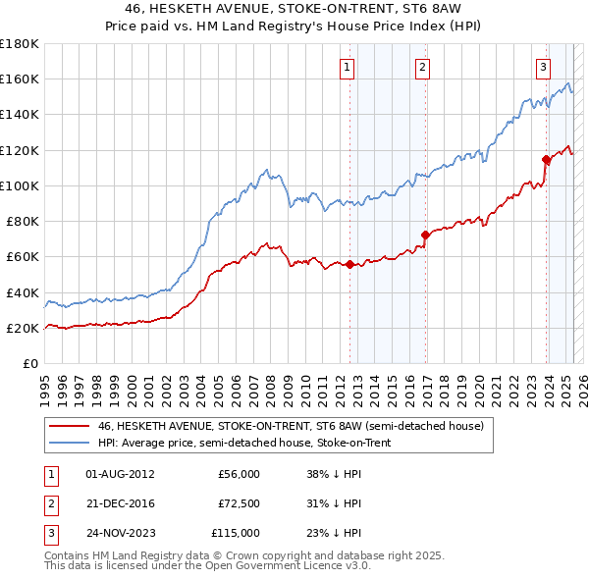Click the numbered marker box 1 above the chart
coord(348,68)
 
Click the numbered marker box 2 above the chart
coord(421,68)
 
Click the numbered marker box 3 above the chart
coord(543,68)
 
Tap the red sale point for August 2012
coord(349,264)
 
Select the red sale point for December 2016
coord(425,235)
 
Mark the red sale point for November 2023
coord(546,159)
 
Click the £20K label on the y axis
coord(23,328)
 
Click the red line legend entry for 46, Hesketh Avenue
coord(291,427)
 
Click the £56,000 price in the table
coord(239,474)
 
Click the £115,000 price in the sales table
coord(236,533)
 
